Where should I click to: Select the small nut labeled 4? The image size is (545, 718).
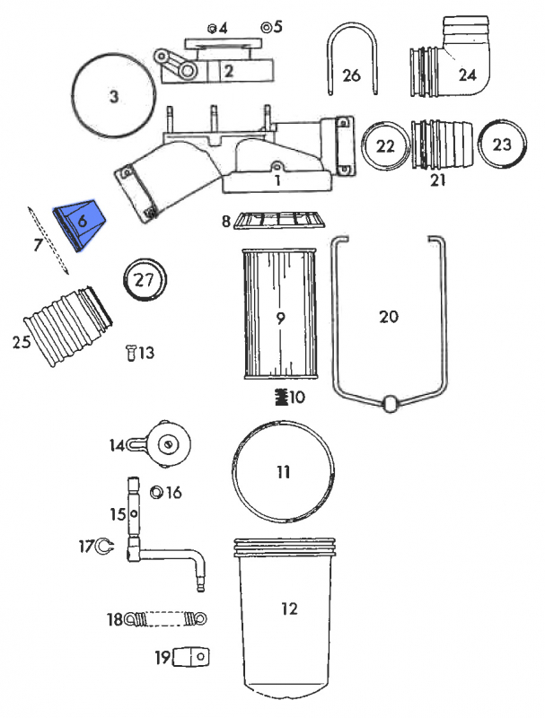[x=211, y=28]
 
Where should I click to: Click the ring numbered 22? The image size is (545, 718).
[x=385, y=145]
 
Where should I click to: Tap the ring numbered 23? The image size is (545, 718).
[x=500, y=144]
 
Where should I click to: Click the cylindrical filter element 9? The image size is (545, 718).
[x=280, y=316]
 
